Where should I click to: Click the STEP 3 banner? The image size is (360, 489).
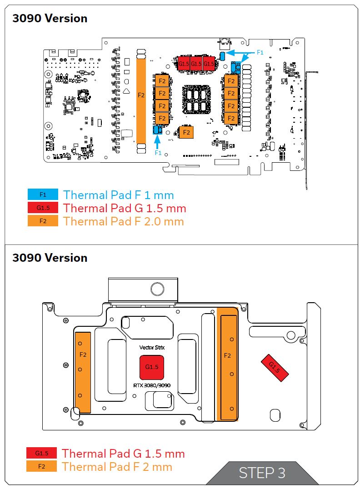(x=262, y=473)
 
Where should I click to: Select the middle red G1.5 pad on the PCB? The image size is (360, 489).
(x=196, y=64)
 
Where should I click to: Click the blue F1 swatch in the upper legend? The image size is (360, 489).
(x=43, y=195)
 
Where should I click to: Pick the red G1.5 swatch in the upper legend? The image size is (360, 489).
(x=43, y=208)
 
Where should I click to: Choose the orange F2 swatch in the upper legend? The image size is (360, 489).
(x=43, y=221)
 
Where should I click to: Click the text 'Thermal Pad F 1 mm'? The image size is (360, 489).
(x=118, y=195)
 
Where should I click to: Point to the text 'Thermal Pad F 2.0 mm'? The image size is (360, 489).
(x=124, y=221)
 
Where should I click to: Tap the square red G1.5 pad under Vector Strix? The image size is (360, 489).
(x=151, y=367)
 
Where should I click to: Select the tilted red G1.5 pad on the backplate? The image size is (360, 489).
(x=274, y=367)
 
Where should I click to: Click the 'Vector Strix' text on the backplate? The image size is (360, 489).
(x=152, y=347)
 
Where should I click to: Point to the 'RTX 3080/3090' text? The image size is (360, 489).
(x=152, y=385)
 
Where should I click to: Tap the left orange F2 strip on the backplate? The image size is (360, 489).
(x=83, y=372)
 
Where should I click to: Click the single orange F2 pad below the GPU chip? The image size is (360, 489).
(x=186, y=132)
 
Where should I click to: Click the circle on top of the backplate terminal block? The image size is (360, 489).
(x=157, y=289)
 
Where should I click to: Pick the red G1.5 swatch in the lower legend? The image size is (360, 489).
(x=41, y=453)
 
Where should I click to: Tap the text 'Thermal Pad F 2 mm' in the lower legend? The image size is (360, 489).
(x=117, y=466)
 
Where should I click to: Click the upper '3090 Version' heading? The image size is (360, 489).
(x=50, y=19)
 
